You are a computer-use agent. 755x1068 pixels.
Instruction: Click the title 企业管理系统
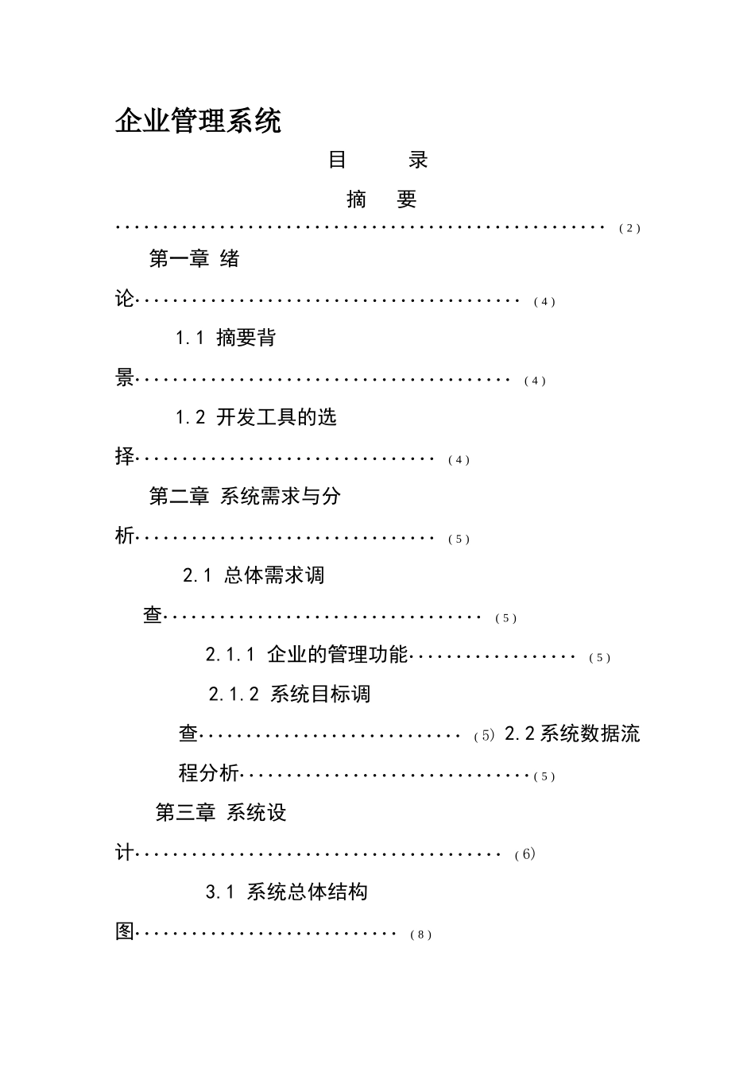tap(198, 122)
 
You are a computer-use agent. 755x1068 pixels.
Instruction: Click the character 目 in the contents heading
tap(337, 160)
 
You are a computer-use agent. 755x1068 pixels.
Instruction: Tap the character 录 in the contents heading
tap(418, 160)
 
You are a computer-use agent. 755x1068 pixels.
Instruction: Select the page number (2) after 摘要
tap(629, 229)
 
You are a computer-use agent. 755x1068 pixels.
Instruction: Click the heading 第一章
tap(179, 258)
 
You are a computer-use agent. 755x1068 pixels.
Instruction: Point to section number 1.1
tap(191, 338)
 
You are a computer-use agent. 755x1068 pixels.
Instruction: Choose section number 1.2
tap(191, 417)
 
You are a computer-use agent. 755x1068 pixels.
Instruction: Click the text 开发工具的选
tap(277, 417)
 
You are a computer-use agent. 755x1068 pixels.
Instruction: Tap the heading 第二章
tap(179, 497)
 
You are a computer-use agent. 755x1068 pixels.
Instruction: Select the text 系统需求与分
tap(280, 497)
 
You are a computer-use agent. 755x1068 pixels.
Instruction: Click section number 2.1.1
tap(230, 655)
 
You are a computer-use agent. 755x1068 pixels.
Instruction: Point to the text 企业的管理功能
tap(338, 655)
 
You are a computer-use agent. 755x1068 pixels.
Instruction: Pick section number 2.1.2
tap(234, 695)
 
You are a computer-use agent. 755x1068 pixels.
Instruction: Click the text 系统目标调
tap(320, 695)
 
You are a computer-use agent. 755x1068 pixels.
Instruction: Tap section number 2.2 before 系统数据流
tap(520, 734)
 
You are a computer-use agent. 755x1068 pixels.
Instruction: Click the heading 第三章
tap(185, 813)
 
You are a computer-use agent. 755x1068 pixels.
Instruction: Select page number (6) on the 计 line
tap(525, 855)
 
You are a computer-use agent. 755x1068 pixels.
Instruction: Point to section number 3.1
tap(220, 892)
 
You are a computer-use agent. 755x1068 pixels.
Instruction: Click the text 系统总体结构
tap(307, 892)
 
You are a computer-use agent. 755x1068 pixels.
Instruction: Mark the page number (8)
tap(421, 935)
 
